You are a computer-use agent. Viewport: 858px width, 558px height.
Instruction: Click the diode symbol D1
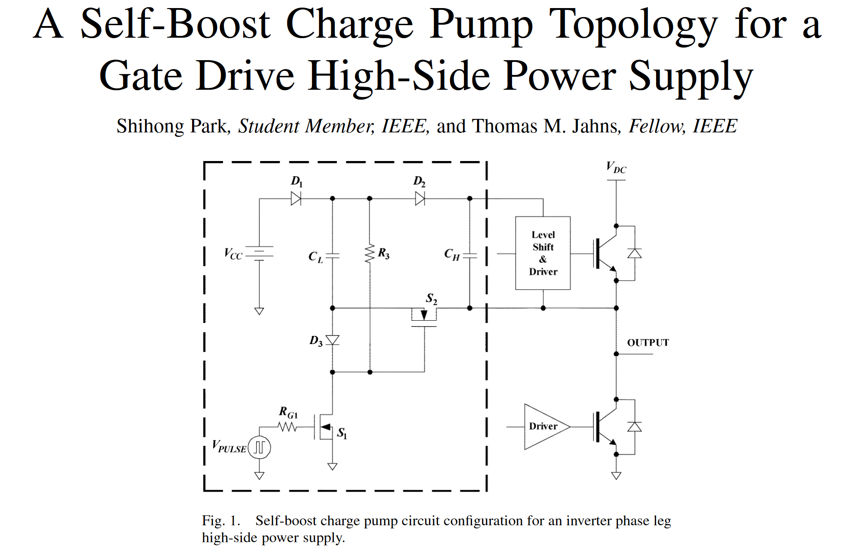[x=296, y=198]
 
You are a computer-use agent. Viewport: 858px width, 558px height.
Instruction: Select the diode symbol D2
[x=420, y=198]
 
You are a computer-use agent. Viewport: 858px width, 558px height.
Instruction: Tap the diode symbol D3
[x=333, y=340]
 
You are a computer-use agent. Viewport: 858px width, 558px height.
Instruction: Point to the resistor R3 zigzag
[x=370, y=254]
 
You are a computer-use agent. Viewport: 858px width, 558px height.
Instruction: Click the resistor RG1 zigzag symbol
[x=288, y=427]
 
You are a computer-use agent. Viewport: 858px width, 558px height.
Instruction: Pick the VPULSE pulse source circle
[x=259, y=447]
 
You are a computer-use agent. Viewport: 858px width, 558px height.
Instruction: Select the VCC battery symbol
[x=259, y=253]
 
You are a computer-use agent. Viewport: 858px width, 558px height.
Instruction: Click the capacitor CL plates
[x=333, y=256]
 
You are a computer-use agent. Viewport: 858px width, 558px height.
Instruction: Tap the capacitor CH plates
[x=469, y=256]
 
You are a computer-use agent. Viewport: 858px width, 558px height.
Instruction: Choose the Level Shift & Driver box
[x=543, y=253]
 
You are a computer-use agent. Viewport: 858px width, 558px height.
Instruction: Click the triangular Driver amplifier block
[x=544, y=427]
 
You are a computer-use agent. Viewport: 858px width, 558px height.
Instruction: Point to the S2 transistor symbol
[x=424, y=316]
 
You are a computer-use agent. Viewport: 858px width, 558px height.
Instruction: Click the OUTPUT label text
[x=648, y=343]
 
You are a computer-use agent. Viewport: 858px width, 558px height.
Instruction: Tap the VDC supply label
[x=616, y=167]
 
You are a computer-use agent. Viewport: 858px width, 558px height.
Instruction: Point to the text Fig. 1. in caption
[x=221, y=521]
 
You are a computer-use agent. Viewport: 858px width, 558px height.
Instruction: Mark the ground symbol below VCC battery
[x=259, y=311]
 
